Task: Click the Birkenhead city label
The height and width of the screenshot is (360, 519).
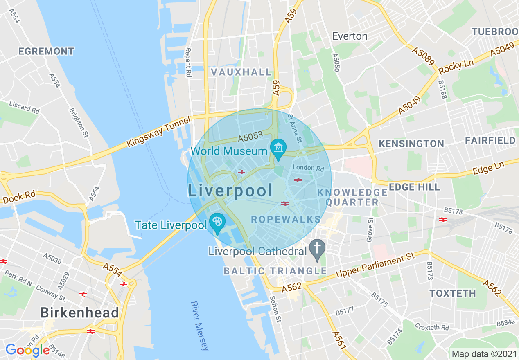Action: click(x=79, y=313)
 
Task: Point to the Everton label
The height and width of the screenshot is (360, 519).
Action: click(x=350, y=36)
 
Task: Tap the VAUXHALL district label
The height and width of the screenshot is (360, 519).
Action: click(x=241, y=72)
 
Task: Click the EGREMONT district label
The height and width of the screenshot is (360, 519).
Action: click(x=46, y=51)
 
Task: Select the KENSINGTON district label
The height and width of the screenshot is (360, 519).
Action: click(x=411, y=144)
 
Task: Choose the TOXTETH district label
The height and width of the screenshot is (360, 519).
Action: click(x=453, y=293)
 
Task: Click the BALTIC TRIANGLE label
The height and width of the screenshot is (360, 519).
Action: click(x=275, y=271)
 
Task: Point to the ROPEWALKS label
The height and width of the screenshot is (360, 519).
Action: click(x=286, y=219)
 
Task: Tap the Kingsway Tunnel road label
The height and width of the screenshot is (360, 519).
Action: click(x=159, y=132)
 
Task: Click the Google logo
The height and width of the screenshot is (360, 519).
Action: click(x=27, y=350)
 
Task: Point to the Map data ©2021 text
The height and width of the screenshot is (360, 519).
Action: click(x=483, y=353)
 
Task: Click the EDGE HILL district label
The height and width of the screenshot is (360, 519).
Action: click(x=414, y=187)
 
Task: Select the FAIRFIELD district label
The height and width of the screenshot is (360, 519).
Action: click(x=490, y=141)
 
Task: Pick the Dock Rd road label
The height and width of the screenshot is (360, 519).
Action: click(x=19, y=198)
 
